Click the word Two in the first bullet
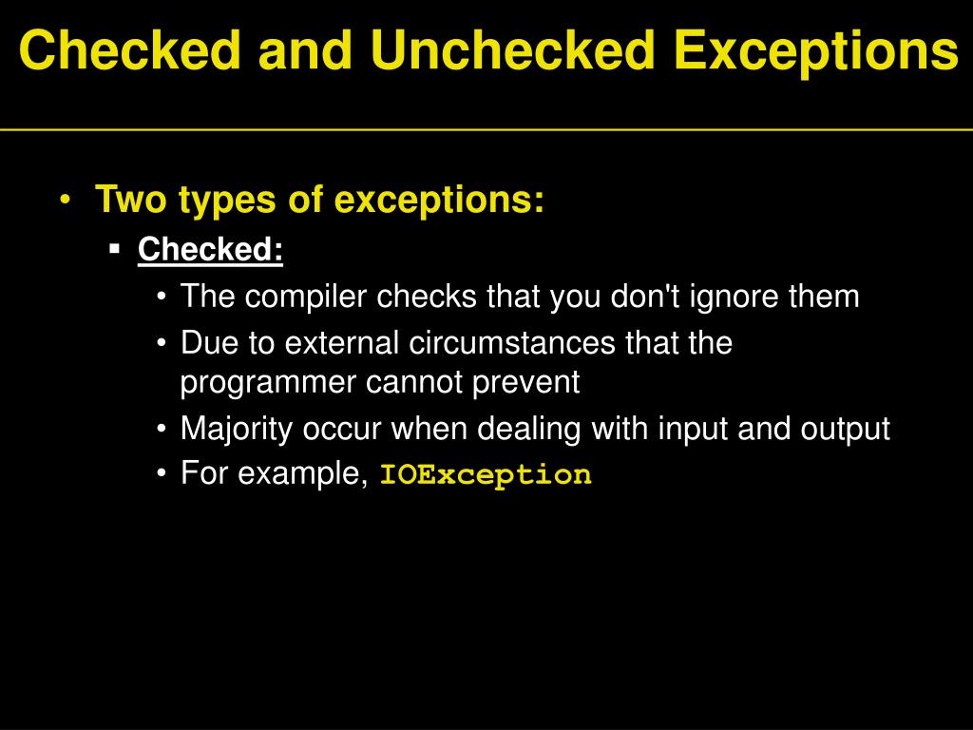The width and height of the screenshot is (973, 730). tap(128, 201)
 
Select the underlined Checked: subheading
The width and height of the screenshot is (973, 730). tap(210, 250)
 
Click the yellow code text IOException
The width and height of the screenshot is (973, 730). tap(486, 474)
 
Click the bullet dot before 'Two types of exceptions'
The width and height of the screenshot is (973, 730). tap(66, 202)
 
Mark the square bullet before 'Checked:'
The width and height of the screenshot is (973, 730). tap(114, 250)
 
